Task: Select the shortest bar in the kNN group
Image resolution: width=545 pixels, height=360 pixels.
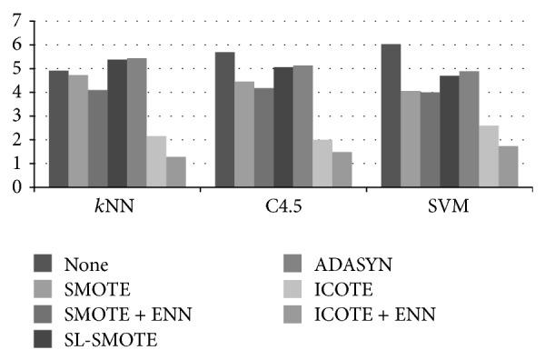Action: (x=175, y=172)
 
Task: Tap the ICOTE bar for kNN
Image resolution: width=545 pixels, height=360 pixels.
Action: (x=156, y=162)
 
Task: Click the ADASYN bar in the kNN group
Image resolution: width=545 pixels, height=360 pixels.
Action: (x=136, y=123)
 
